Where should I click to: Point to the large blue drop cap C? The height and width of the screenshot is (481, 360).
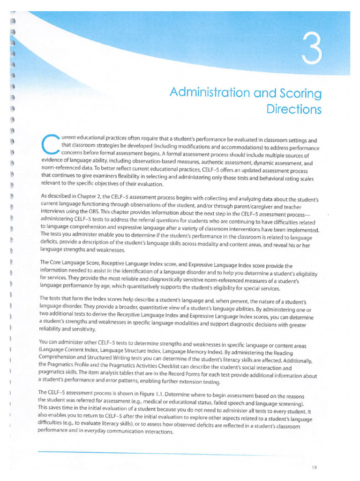[x=49, y=145]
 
